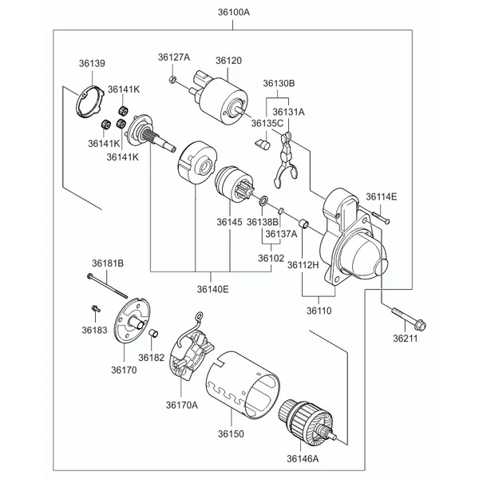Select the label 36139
pos(92,62)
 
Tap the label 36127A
pos(173,57)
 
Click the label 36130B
pos(279,83)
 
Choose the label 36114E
pos(382,196)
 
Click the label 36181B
pos(107,263)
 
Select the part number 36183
pos(93,328)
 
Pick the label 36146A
pos(303,458)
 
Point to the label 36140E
pos(212,289)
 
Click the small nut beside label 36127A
pos(172,79)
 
